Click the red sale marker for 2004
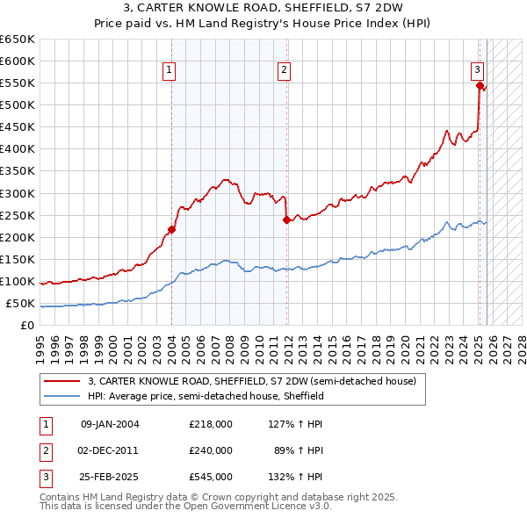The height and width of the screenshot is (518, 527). pos(171,230)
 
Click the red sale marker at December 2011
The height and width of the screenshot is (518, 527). pos(286,220)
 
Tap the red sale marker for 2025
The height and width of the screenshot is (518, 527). pos(480,86)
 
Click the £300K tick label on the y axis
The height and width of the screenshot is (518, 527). pos(18,193)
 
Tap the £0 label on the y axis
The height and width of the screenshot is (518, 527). pos(27,326)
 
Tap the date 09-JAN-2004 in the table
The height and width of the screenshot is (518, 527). pos(110,424)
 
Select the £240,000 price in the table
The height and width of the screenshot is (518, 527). pos(210,450)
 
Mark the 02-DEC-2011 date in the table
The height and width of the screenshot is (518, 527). pos(110,450)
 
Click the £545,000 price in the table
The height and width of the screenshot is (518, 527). pos(210,477)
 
